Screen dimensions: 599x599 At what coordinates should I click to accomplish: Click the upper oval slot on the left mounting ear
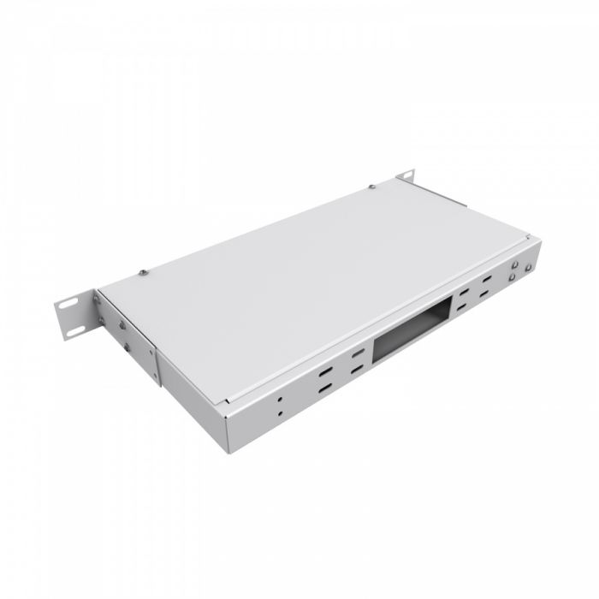coord(68,304)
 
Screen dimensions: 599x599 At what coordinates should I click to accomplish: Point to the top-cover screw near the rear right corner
coord(372,187)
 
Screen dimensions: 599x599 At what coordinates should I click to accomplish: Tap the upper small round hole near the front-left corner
coord(280,400)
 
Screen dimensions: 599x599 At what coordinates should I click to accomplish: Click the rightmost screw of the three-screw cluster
coord(529,267)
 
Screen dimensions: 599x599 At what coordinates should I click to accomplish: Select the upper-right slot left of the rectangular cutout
coord(353,354)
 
